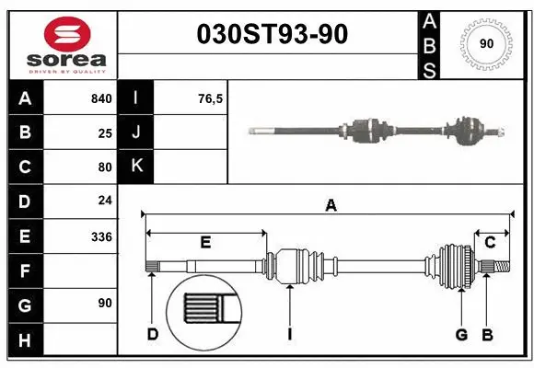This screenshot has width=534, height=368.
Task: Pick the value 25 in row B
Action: [105, 132]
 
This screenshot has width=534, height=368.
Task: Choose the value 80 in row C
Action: [105, 167]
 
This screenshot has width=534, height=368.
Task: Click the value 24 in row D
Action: [105, 201]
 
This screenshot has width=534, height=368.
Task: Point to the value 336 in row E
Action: [101, 236]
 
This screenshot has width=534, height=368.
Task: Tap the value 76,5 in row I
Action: [211, 98]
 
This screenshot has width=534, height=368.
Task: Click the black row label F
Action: [25, 270]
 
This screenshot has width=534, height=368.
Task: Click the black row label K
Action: [136, 167]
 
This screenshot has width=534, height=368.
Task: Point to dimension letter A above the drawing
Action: [331, 206]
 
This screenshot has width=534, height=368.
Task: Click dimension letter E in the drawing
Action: [205, 242]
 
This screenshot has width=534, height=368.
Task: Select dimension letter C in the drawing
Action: [491, 242]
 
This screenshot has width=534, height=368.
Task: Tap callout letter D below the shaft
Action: [153, 333]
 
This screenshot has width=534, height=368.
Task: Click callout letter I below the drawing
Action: [289, 333]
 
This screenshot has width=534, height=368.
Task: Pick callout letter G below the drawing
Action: [461, 333]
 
